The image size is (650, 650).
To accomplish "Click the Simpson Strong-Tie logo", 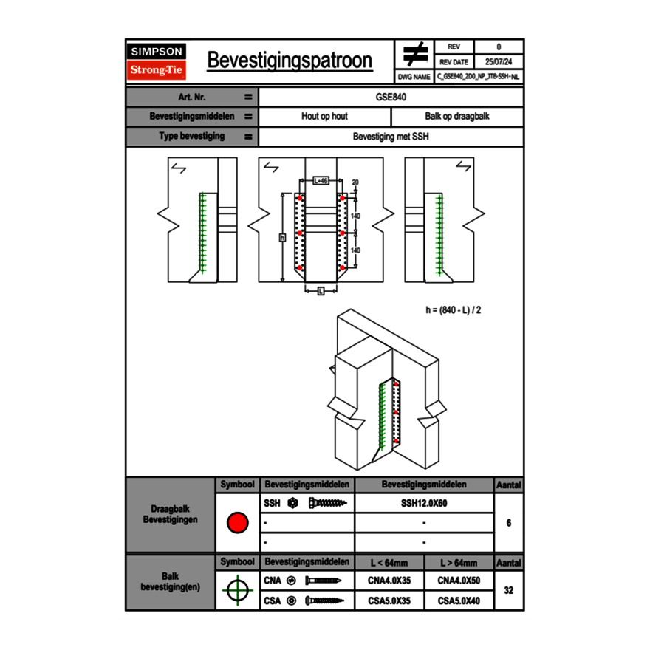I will tap(157, 61).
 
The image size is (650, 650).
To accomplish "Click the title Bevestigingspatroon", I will tap(290, 61).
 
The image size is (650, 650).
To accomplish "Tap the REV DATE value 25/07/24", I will tap(499, 62).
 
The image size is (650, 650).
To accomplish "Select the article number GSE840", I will tap(391, 97).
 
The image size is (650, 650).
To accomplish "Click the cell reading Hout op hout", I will tap(324, 117).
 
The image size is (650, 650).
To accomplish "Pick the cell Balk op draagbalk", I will tap(457, 117).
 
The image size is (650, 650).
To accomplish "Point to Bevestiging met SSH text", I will tap(391, 137).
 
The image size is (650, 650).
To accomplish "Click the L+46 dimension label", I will tap(321, 180).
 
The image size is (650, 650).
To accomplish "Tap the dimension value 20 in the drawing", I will tap(355, 182).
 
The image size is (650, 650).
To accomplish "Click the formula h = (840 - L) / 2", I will tap(454, 309).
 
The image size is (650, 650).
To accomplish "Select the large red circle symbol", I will tap(237, 523).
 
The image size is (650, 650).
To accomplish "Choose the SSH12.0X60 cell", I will tap(424, 503).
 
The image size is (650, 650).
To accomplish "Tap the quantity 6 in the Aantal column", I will tap(509, 523).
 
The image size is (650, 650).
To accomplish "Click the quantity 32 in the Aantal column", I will tap(509, 590).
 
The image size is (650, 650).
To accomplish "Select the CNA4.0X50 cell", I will tap(459, 581).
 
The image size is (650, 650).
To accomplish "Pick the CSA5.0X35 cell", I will tap(389, 601).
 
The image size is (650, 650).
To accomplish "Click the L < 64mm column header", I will tap(389, 563).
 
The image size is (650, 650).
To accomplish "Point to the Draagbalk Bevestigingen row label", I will tap(170, 515).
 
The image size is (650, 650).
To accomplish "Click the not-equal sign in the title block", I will tap(415, 54).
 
